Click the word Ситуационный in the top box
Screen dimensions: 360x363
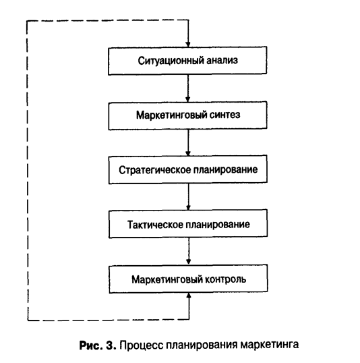171,61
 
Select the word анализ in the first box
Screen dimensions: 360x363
222,61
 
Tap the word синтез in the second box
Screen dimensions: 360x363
224,115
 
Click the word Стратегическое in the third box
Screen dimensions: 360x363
155,170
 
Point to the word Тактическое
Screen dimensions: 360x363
155,225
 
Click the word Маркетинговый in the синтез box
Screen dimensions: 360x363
171,115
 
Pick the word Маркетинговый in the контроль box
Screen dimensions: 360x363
167,279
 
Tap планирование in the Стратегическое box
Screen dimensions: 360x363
225,170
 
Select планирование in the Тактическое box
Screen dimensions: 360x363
218,225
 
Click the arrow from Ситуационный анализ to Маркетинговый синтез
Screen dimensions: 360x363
188,88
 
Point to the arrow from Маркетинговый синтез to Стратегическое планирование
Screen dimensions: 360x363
188,142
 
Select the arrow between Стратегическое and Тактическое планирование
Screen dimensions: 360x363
188,197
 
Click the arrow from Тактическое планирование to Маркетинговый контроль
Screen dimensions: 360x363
189,251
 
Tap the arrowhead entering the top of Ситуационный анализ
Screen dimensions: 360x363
188,45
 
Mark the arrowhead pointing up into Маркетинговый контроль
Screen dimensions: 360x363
189,296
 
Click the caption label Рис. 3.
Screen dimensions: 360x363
98,345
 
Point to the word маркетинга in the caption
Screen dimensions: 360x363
269,345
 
